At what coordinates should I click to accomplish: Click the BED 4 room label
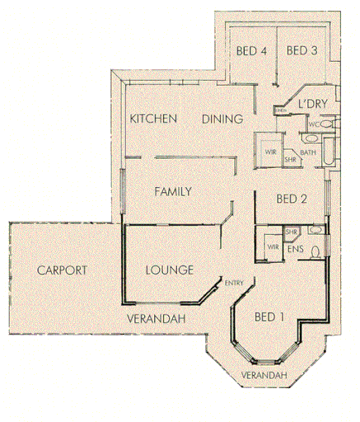coord(252,51)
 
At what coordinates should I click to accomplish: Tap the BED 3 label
coord(302,51)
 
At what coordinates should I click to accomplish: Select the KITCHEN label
coord(153,120)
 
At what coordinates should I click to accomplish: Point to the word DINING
coord(222,120)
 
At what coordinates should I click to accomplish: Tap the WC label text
coord(313,124)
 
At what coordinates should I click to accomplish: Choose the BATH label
coord(308,152)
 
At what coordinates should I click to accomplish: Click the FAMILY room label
coord(173,192)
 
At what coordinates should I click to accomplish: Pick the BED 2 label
coord(292,199)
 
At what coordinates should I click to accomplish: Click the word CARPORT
coord(63,270)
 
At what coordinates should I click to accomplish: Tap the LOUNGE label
coord(169,270)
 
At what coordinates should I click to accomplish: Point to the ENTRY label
coord(233,284)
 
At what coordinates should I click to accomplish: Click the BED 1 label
coord(270,316)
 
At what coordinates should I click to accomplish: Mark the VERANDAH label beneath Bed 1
coord(264,377)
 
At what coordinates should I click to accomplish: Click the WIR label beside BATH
coord(269,152)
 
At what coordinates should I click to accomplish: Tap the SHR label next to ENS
coord(291,232)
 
